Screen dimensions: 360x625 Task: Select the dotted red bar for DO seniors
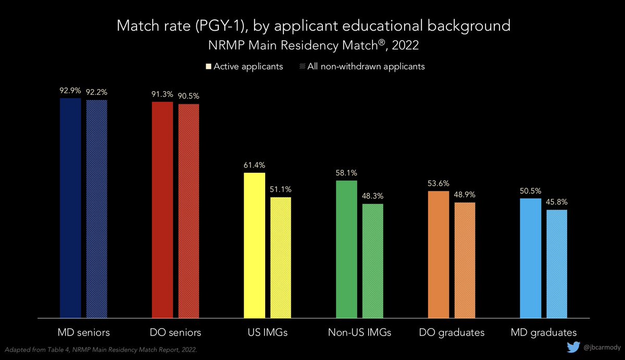coord(189,210)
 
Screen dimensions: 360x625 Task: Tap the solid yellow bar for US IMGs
coord(254,245)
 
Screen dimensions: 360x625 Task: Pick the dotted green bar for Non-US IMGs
coord(372,260)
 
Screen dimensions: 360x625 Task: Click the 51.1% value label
coord(281,189)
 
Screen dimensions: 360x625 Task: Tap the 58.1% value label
coord(346,172)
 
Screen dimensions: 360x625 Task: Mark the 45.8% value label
coord(556,202)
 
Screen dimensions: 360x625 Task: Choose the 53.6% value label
coord(439,183)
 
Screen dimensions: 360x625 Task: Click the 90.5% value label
coord(189,96)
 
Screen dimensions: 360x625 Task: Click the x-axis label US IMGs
coord(267,332)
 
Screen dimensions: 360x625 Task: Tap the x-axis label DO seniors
coord(175,332)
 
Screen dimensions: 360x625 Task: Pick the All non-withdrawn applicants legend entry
coord(364,67)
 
